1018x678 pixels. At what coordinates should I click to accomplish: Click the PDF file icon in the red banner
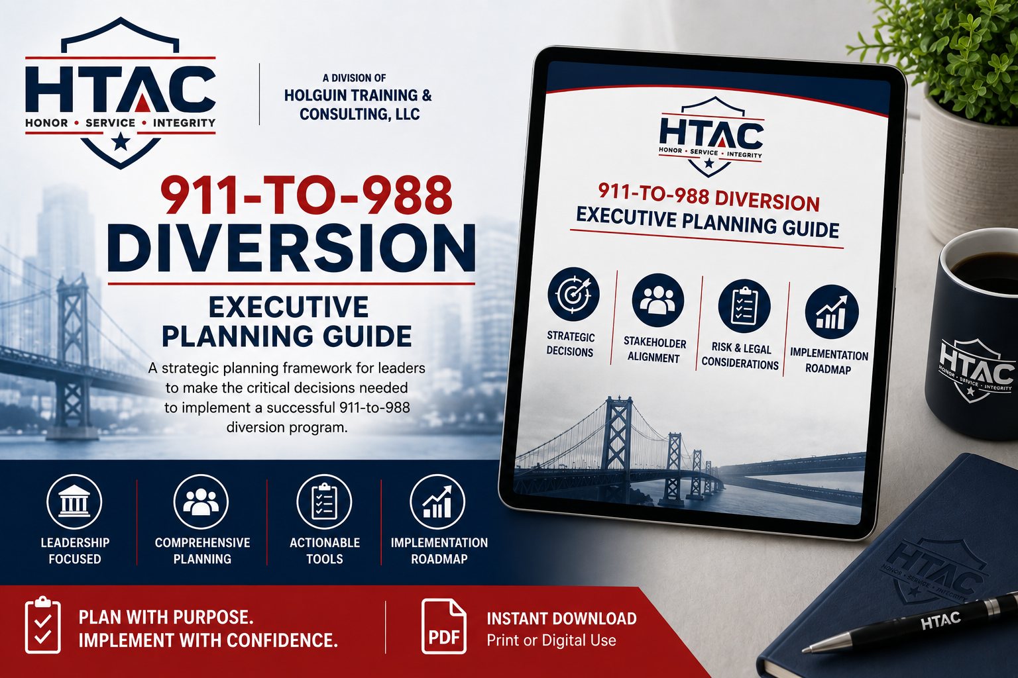click(x=443, y=626)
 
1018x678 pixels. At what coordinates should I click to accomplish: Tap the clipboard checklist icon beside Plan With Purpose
click(x=42, y=625)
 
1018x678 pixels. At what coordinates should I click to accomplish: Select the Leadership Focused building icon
click(x=74, y=502)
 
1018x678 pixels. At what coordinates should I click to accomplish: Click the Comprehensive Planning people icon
click(x=201, y=502)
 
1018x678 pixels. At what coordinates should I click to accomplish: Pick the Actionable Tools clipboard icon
click(x=324, y=502)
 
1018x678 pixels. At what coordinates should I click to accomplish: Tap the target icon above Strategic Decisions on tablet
click(x=573, y=294)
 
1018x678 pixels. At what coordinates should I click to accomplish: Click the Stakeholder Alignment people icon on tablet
click(x=657, y=300)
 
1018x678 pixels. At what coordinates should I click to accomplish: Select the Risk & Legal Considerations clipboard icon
click(x=744, y=306)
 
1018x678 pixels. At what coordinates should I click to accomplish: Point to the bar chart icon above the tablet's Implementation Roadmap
click(x=832, y=312)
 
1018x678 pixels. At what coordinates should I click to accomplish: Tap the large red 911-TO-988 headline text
click(x=306, y=196)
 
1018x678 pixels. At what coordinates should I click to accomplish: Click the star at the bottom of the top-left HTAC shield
click(x=121, y=142)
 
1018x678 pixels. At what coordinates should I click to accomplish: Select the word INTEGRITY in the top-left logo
click(x=184, y=123)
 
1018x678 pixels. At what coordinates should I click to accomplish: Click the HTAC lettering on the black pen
click(x=940, y=620)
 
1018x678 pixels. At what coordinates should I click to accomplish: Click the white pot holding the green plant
click(x=968, y=173)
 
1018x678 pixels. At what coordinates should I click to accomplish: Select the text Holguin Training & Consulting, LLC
click(x=358, y=105)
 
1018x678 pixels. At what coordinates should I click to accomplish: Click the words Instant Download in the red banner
click(x=562, y=618)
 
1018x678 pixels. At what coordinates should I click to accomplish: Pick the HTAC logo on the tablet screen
click(x=711, y=136)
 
